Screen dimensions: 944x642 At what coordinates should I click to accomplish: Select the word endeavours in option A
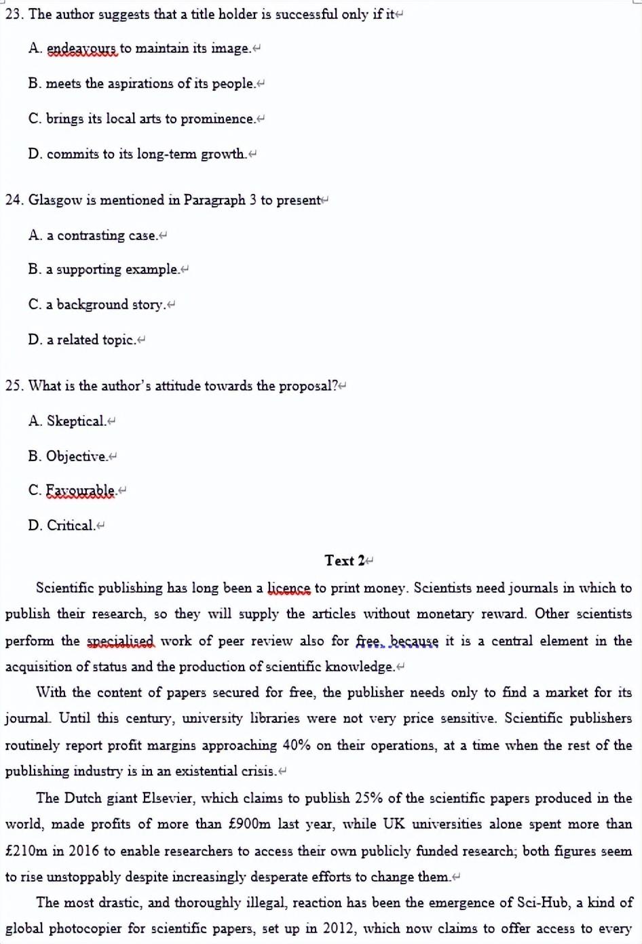pyautogui.click(x=82, y=49)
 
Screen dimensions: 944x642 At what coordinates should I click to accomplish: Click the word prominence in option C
pyautogui.click(x=217, y=119)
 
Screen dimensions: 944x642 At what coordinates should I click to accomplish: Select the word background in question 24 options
pyautogui.click(x=92, y=304)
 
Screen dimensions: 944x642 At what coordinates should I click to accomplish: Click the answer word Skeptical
pyautogui.click(x=76, y=421)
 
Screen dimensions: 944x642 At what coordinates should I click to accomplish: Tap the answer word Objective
pyautogui.click(x=76, y=456)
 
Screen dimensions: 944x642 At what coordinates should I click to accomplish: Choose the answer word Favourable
pyautogui.click(x=80, y=490)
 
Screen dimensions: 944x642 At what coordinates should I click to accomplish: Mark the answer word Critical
pyautogui.click(x=71, y=526)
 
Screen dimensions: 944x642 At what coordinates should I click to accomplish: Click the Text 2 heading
pyautogui.click(x=345, y=561)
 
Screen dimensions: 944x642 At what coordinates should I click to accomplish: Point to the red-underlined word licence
pyautogui.click(x=288, y=588)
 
